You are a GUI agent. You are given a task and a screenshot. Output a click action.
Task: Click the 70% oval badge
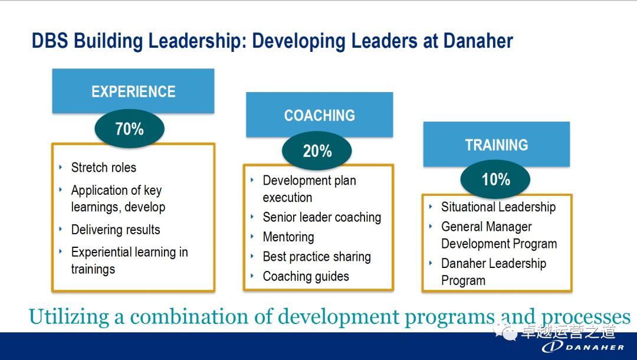pos(130,129)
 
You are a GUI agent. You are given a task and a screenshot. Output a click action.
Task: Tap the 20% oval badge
pos(317,150)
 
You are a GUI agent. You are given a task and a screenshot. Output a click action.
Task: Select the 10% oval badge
pos(495,179)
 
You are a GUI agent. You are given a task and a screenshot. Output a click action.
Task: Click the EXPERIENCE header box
pos(133,91)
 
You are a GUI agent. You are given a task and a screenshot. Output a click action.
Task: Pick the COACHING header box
pos(319,114)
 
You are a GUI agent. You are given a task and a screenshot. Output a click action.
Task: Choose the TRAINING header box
pos(497,144)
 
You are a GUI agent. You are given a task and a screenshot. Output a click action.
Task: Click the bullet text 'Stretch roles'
pos(104,168)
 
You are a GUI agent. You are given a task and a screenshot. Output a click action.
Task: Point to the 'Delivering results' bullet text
pos(116,230)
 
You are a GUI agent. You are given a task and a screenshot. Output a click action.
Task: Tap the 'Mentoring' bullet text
pos(288,237)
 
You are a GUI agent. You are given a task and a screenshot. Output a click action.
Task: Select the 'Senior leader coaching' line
pos(322,217)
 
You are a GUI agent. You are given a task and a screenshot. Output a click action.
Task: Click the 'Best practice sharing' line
pos(317,257)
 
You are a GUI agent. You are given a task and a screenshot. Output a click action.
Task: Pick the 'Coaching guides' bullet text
pos(306,276)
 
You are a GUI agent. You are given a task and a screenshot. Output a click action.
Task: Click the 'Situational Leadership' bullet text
pos(498,207)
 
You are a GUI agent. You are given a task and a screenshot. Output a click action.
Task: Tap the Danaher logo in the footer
pos(583,346)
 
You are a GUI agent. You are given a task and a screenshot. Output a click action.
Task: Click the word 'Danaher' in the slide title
pos(478,41)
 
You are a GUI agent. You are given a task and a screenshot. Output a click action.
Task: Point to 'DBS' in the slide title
pos(50,41)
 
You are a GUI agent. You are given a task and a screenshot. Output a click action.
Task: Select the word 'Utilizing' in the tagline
pos(68,317)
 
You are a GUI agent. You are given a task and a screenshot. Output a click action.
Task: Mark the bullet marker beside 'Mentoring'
pos(252,237)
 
